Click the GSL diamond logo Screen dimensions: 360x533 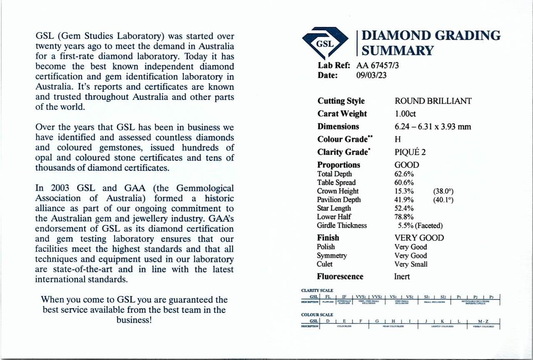pos(325,43)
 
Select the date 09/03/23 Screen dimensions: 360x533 pos(372,75)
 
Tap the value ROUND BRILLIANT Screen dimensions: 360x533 pos(433,101)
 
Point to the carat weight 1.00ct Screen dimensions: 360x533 pos(405,114)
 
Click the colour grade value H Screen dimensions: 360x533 pos(397,139)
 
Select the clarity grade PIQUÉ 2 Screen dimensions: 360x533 pos(410,152)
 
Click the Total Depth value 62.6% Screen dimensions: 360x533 pos(404,174)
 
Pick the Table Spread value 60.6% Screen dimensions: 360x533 pos(404,182)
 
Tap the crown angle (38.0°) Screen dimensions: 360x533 pos(443,191)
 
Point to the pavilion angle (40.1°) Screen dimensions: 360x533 pos(443,200)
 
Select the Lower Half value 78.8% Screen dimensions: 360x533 pos(404,217)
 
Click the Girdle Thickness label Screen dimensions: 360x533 pos(342,225)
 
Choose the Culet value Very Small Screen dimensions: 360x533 pos(411,264)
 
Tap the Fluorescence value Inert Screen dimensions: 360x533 pos(402,277)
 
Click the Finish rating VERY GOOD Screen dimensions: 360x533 pos(419,238)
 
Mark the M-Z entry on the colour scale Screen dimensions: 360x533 pos(483,321)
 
